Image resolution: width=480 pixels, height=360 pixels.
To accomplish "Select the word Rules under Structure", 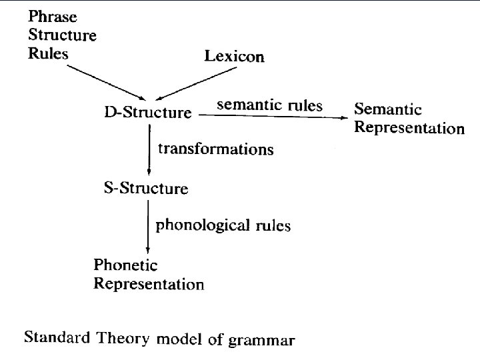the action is pyautogui.click(x=48, y=53).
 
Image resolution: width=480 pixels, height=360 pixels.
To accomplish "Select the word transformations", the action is pyautogui.click(x=215, y=149).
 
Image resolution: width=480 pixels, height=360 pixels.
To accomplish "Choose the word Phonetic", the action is pyautogui.click(x=125, y=265).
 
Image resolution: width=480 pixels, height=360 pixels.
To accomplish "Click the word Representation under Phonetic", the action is pyautogui.click(x=149, y=284).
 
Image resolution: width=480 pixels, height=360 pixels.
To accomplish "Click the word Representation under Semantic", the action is pyautogui.click(x=409, y=127).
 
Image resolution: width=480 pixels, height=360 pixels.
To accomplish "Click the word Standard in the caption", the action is pyautogui.click(x=55, y=337).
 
